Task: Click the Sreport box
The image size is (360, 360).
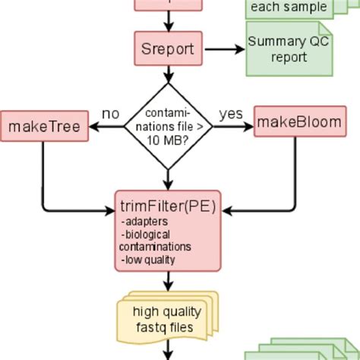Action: (168, 49)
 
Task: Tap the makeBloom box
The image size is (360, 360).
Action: (298, 122)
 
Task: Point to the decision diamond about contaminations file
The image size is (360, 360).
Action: (168, 125)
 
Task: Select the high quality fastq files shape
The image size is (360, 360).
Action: (166, 320)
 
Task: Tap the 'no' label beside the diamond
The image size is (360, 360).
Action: (110, 113)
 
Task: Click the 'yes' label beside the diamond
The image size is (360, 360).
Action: (231, 113)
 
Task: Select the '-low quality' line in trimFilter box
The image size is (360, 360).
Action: (148, 259)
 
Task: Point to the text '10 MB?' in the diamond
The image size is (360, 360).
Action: (169, 140)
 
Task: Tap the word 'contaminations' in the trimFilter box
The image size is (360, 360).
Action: (155, 247)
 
